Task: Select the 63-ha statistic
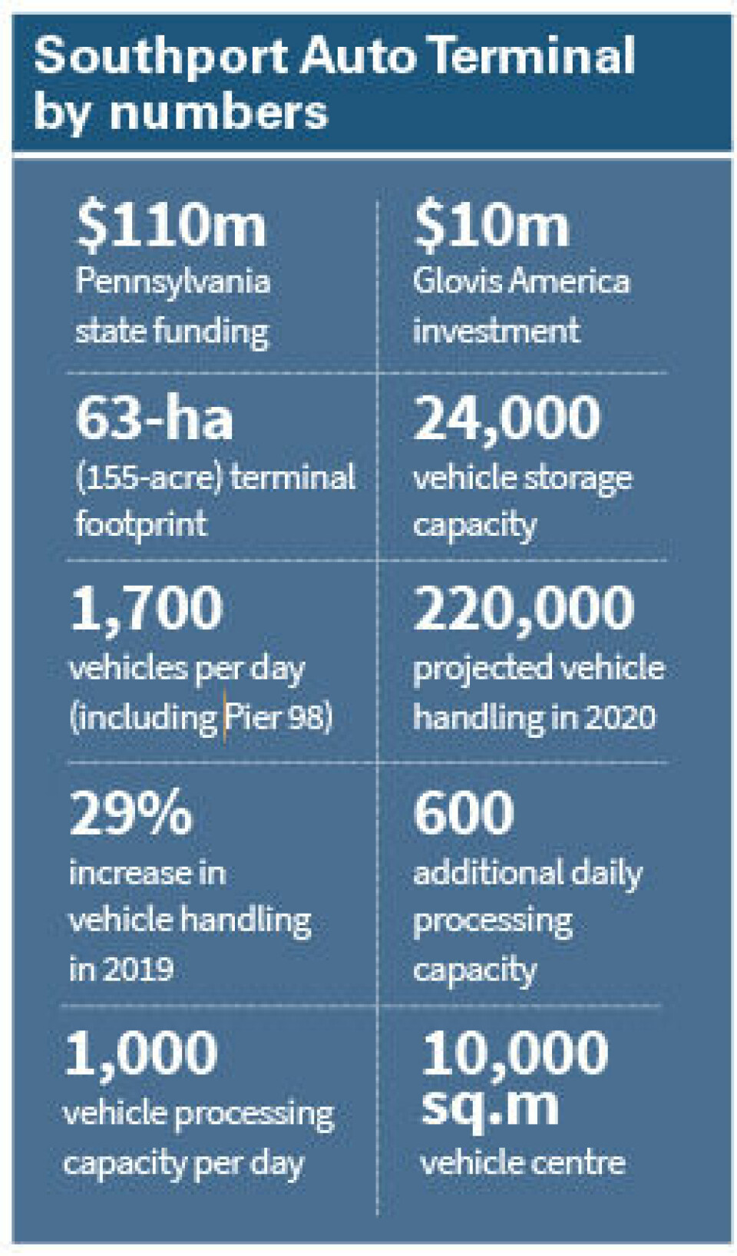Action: point(154,418)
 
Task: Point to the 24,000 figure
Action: point(507,418)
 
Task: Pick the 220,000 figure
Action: point(524,608)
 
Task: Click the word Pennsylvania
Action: point(173,283)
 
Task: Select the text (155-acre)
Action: point(149,478)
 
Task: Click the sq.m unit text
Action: point(490,1106)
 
